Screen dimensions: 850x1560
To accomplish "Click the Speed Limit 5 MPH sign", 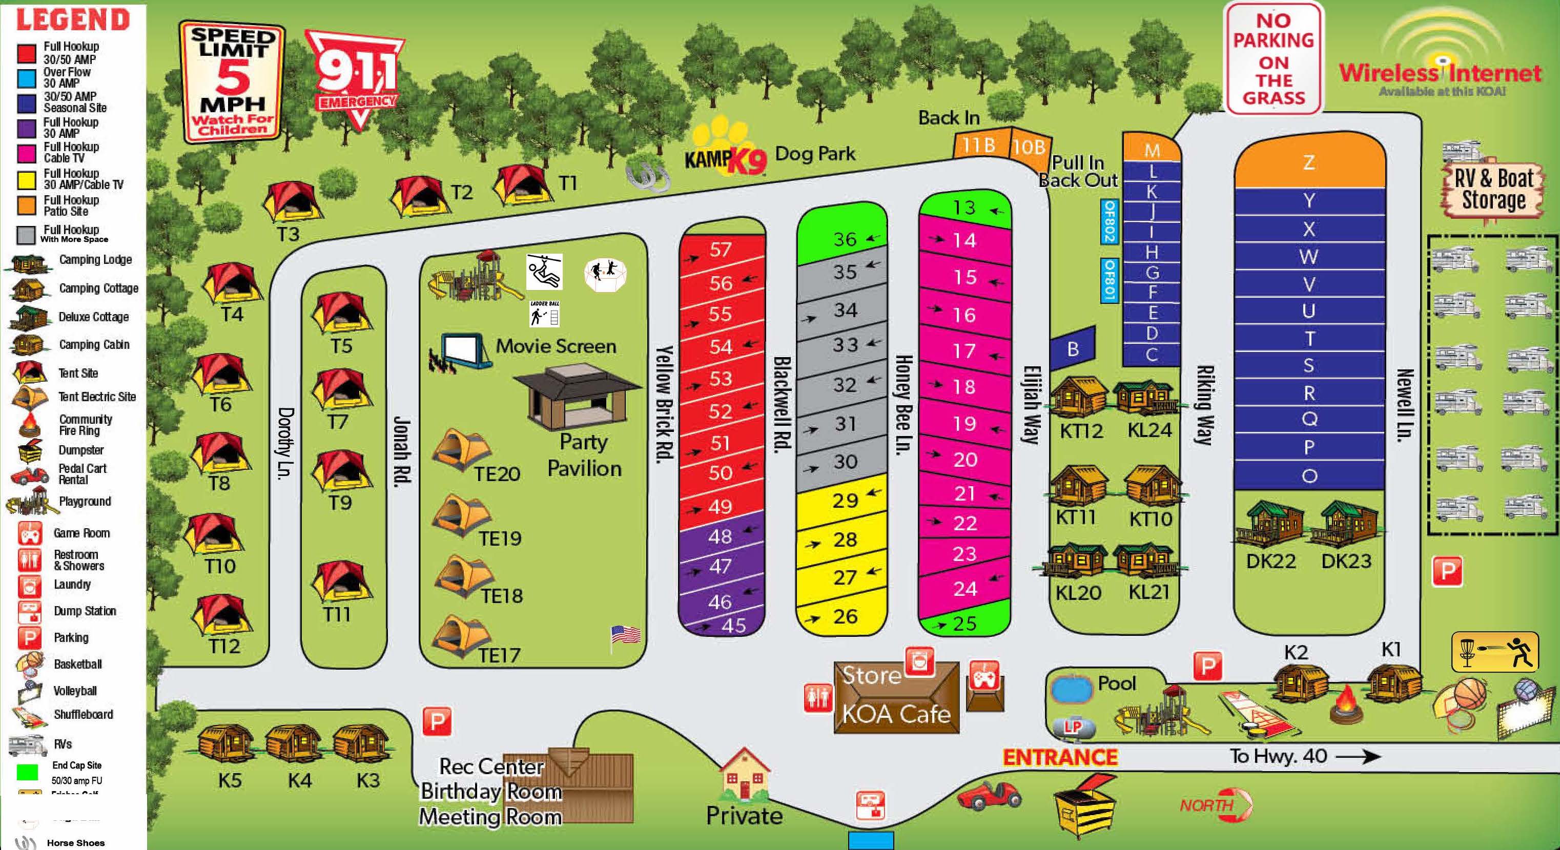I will point(232,82).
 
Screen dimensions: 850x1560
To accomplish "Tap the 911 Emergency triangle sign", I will point(356,76).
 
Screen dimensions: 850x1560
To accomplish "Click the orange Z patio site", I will point(1309,161).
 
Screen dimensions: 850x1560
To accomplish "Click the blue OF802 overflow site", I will point(1109,221).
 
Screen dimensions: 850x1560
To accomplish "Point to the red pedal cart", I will point(989,796).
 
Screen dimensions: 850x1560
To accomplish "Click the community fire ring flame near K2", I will point(1346,704).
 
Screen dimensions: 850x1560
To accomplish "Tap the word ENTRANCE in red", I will point(1060,757).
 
